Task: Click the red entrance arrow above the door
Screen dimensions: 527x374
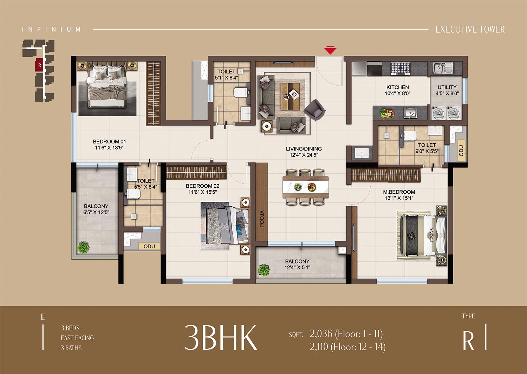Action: coord(330,51)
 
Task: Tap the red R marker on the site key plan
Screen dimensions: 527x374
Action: coord(39,65)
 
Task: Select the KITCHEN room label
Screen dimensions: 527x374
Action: coord(398,87)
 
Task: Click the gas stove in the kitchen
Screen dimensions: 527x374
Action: coord(401,68)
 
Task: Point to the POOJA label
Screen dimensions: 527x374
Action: coord(262,219)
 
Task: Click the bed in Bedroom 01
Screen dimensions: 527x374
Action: coord(108,85)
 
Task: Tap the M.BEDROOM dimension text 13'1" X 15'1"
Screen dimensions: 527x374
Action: coord(399,198)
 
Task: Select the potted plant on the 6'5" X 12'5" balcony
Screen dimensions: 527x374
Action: coord(83,248)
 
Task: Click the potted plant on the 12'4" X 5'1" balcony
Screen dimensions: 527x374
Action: coord(263,270)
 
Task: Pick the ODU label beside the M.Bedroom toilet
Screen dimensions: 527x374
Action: coord(461,151)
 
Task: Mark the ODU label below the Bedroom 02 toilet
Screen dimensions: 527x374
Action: coord(149,246)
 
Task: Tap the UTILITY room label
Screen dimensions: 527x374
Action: coord(447,87)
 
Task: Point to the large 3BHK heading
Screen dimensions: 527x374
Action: coord(220,338)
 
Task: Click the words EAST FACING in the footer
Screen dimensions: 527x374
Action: coord(77,338)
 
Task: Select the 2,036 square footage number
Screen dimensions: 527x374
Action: coord(321,334)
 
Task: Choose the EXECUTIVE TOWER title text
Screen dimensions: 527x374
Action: coord(470,29)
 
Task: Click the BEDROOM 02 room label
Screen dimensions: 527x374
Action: coord(202,186)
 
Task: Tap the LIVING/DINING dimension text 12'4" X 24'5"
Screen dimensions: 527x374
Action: coord(304,155)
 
